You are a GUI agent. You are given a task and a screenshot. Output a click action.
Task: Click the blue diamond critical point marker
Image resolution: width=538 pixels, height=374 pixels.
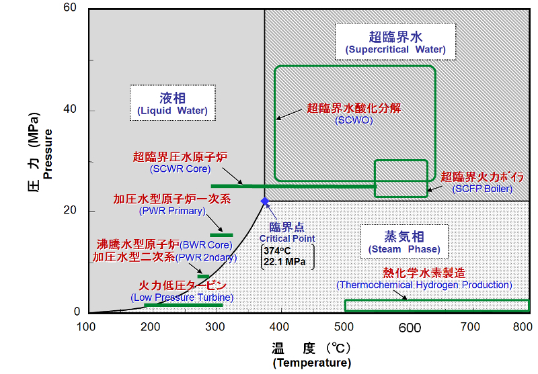click(264, 201)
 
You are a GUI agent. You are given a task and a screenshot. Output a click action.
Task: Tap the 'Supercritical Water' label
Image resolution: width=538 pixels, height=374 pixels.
click(396, 50)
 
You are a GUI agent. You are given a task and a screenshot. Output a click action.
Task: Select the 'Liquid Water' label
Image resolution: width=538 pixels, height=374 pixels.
click(172, 110)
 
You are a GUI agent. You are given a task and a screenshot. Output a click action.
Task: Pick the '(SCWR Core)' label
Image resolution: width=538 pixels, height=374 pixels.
click(180, 169)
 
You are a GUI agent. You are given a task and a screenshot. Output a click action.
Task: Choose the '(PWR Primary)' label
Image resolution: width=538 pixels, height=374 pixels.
click(172, 211)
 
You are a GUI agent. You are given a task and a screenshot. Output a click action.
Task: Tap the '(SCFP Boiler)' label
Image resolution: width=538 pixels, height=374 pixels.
click(482, 189)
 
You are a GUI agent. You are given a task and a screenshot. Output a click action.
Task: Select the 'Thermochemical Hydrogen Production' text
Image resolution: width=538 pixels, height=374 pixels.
click(424, 285)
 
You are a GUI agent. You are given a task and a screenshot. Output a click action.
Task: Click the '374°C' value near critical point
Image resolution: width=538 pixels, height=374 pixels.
click(276, 251)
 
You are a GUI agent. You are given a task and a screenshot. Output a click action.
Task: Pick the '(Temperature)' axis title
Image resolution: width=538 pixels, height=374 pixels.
click(312, 363)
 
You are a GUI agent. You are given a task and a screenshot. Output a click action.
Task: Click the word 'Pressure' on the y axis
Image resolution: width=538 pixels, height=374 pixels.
click(48, 156)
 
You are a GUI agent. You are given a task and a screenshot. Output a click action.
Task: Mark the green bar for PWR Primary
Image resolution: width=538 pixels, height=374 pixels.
click(221, 235)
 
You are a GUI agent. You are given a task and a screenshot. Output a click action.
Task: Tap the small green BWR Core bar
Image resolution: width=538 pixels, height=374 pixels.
click(202, 276)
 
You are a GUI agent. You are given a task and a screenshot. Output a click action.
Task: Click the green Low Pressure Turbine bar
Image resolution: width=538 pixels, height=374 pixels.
click(183, 306)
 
